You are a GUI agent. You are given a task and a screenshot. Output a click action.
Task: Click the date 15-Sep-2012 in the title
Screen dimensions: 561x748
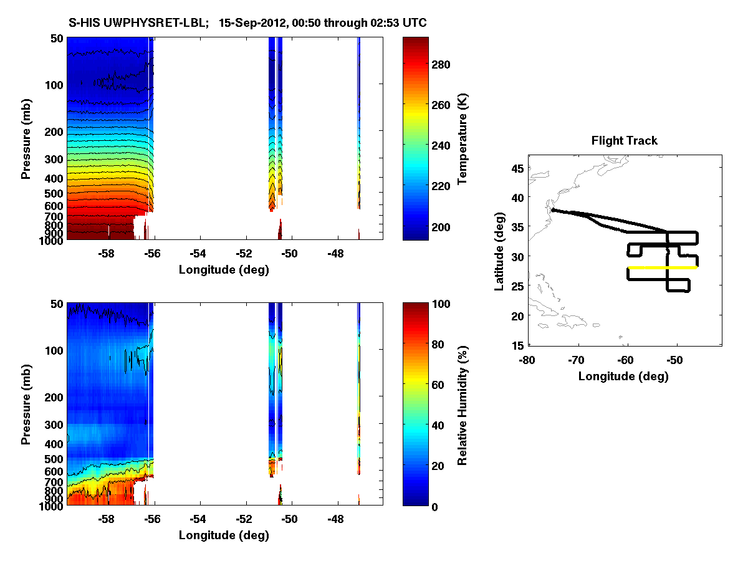click(x=255, y=23)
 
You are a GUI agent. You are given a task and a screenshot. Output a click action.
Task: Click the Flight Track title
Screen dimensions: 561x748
click(x=624, y=141)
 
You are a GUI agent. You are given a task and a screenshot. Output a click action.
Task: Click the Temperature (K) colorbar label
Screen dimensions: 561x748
click(x=463, y=139)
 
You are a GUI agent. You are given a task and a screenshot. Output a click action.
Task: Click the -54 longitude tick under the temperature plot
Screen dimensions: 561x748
click(x=198, y=254)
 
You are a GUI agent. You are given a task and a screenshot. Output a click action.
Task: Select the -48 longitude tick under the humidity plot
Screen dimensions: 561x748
click(x=335, y=519)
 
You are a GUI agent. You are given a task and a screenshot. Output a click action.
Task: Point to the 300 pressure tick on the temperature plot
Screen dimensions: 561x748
click(x=55, y=160)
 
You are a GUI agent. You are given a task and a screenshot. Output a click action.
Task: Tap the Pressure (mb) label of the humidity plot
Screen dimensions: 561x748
click(x=26, y=405)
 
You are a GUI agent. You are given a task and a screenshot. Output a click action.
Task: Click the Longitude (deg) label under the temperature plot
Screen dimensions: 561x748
click(x=224, y=270)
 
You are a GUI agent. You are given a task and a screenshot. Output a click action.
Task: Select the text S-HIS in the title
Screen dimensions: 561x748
click(x=82, y=23)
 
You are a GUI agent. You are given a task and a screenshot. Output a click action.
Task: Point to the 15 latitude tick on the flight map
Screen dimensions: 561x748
click(x=517, y=345)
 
